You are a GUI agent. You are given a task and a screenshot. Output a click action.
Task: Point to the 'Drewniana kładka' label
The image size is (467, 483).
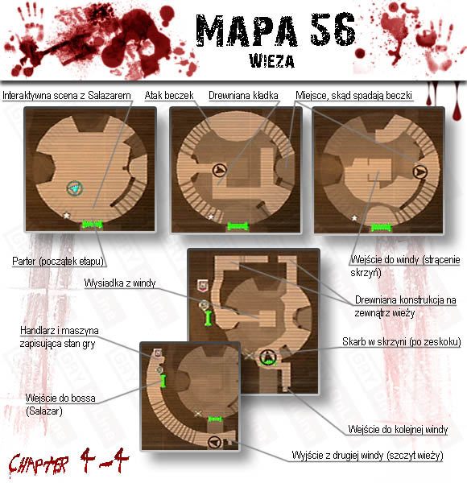[243, 96]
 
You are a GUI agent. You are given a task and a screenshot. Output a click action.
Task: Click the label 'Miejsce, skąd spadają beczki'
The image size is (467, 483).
[353, 96]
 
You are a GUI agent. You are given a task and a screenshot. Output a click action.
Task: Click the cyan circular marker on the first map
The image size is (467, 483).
[75, 188]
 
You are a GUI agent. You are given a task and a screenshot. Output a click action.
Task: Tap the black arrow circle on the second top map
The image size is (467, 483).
[219, 170]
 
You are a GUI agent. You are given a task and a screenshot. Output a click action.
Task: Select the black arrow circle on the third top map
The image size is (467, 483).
[419, 171]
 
